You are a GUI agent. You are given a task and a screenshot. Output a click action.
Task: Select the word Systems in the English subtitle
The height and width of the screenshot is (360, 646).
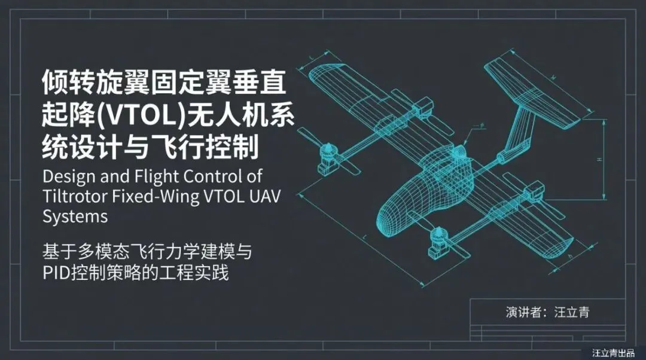75,215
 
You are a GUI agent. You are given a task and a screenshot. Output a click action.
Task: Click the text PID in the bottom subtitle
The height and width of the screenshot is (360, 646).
57,273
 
